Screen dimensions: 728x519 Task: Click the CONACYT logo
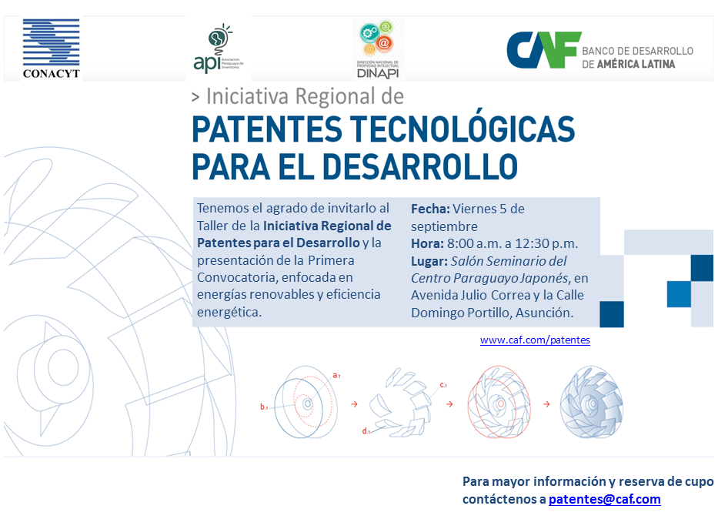pyautogui.click(x=51, y=49)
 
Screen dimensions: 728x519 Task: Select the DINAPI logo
pyautogui.click(x=378, y=49)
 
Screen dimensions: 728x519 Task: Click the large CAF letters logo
pyautogui.click(x=543, y=50)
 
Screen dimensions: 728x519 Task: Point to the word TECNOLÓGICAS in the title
pyautogui.click(x=463, y=129)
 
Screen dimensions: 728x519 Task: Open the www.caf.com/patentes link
pyautogui.click(x=535, y=340)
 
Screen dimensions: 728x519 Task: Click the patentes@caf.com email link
pyautogui.click(x=605, y=499)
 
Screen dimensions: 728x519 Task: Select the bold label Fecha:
pyautogui.click(x=430, y=209)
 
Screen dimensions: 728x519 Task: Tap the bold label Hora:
pyautogui.click(x=427, y=243)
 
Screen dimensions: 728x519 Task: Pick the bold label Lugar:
pyautogui.click(x=429, y=261)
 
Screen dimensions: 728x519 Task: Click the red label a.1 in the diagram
pyautogui.click(x=336, y=375)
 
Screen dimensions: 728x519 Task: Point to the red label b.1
pyautogui.click(x=264, y=407)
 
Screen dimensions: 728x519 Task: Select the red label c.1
pyautogui.click(x=443, y=385)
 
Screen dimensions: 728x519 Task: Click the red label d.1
pyautogui.click(x=366, y=431)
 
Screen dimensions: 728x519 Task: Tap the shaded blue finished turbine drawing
pyautogui.click(x=590, y=403)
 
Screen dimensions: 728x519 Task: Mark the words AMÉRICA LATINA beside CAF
pyautogui.click(x=636, y=64)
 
